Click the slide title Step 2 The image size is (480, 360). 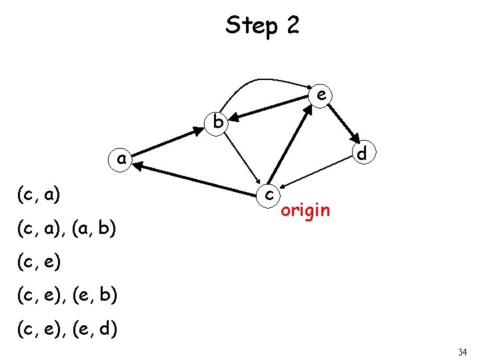pos(263,26)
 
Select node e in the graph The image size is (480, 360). pos(321,96)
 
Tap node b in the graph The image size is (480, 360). pos(217,122)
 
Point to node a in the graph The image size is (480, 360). pos(121,159)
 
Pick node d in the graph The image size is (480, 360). pos(361,153)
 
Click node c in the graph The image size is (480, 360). pos(267,194)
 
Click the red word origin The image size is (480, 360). pos(305,211)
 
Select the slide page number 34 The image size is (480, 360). pos(463,351)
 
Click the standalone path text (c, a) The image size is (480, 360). pos(40,195)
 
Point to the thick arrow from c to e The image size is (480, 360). pos(291,145)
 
